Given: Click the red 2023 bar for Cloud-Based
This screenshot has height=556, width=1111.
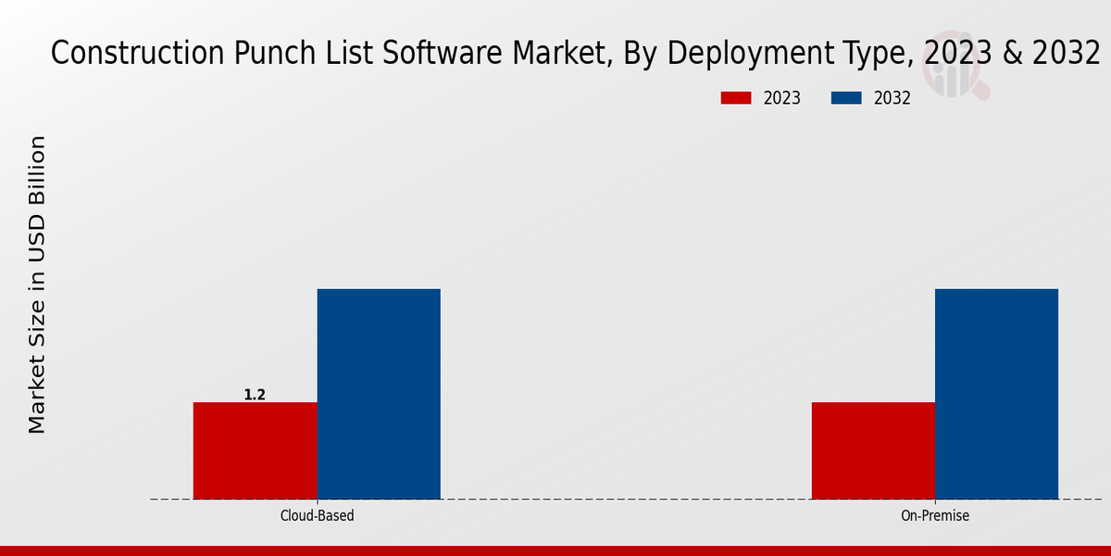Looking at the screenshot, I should click(x=255, y=450).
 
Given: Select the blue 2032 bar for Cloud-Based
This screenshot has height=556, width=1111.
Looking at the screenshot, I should click(x=379, y=394).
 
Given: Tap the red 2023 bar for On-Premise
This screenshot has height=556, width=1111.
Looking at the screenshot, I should click(x=873, y=450).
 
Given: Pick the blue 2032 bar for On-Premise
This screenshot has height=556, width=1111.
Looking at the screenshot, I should click(x=996, y=394).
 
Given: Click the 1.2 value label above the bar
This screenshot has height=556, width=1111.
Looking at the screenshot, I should click(x=255, y=395).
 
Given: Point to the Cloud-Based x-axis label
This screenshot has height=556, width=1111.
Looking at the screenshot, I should click(x=317, y=515).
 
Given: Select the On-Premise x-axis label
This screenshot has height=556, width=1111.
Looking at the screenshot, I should click(x=935, y=515).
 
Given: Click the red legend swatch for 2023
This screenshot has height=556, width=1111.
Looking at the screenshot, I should click(x=738, y=98).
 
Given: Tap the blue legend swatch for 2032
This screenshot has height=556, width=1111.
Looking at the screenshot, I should click(x=848, y=98).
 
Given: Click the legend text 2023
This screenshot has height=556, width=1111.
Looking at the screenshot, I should click(x=782, y=98).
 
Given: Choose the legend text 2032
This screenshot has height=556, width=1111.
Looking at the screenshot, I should click(x=893, y=98).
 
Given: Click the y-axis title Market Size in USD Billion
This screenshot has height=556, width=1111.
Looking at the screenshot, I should click(x=37, y=284).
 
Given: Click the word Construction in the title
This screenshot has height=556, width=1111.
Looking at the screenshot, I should click(x=136, y=55).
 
